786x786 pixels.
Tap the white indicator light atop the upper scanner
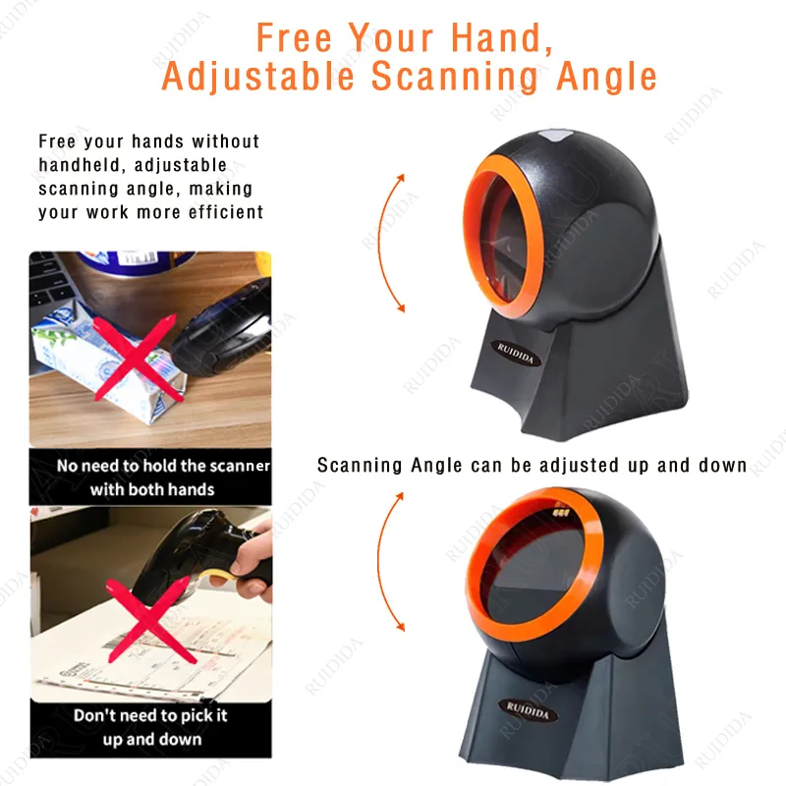pyautogui.click(x=552, y=138)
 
